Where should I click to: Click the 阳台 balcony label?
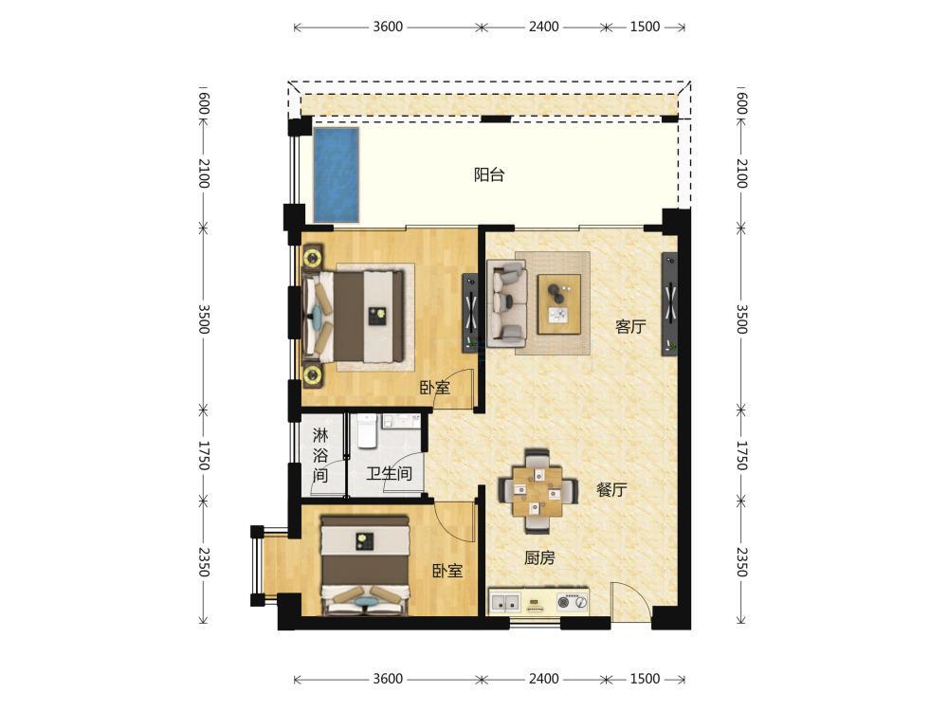[x=488, y=175]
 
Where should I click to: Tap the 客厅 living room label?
[x=630, y=327]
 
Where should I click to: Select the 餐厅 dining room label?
[x=611, y=490]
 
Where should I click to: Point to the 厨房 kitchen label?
[x=538, y=557]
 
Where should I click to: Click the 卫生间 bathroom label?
[x=389, y=473]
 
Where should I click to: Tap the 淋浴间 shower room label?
[x=319, y=455]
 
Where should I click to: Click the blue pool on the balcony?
[x=336, y=174]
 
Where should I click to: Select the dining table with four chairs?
[x=538, y=491]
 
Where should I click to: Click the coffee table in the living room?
[x=559, y=303]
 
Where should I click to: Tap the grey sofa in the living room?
[x=506, y=300]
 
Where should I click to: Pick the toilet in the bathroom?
[x=367, y=431]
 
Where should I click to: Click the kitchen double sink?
[x=505, y=602]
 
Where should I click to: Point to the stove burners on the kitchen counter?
[x=572, y=602]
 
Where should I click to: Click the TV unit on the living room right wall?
[x=669, y=303]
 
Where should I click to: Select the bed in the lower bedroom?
[x=365, y=564]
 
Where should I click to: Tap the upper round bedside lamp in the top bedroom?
[x=313, y=258]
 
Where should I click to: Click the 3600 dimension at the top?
[x=388, y=27]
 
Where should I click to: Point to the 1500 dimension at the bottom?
[x=645, y=679]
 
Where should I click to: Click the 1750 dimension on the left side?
[x=204, y=456]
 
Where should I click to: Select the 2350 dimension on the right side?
[x=742, y=561]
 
